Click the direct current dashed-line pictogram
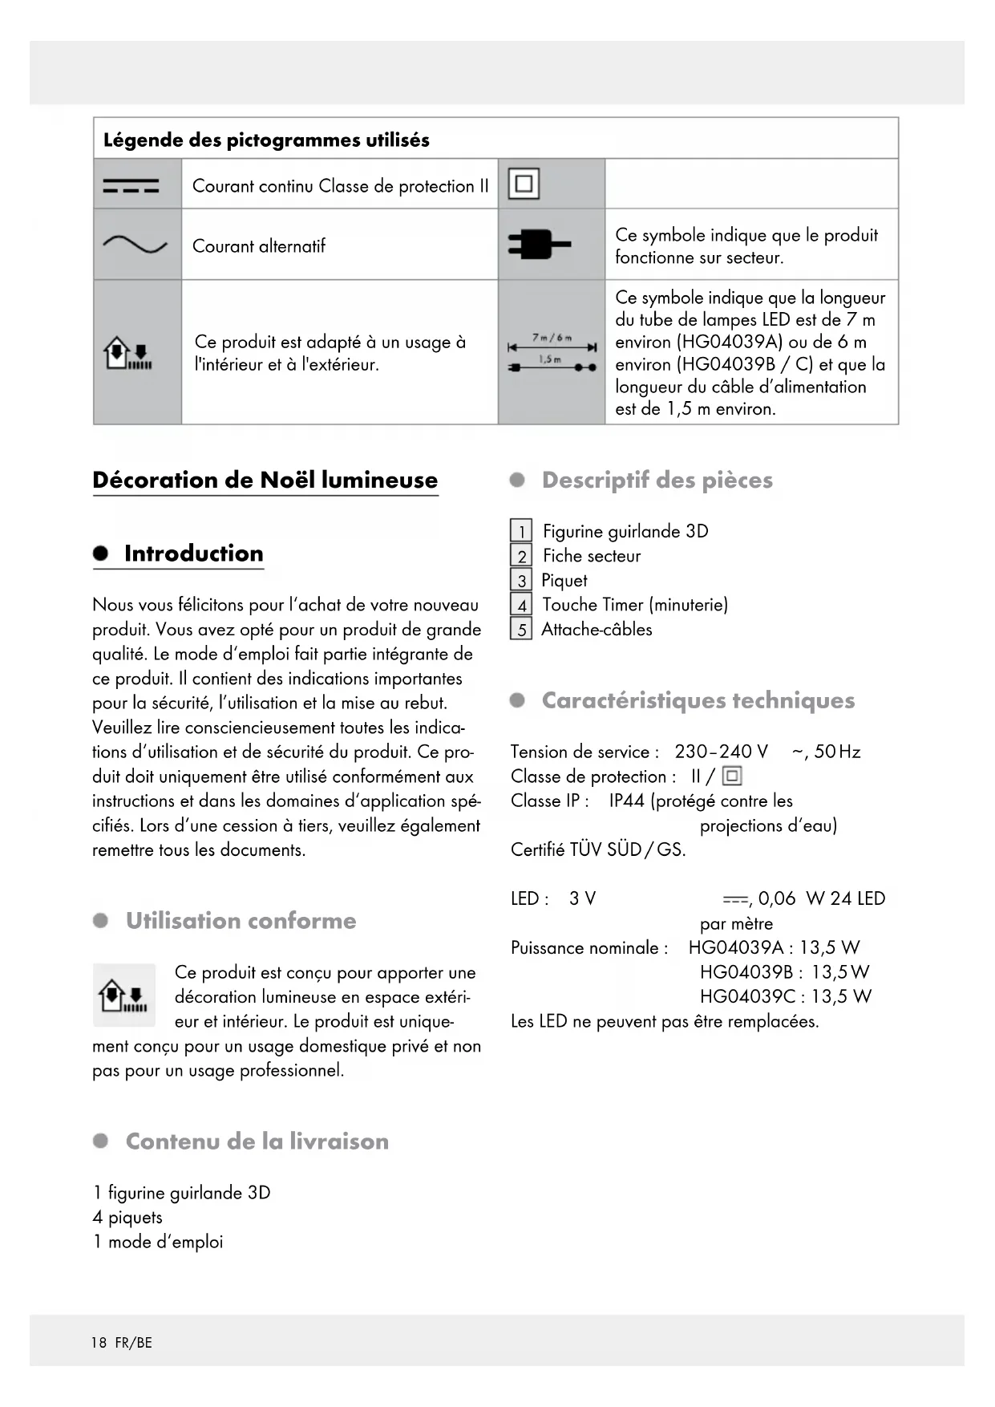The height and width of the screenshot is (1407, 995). point(131,186)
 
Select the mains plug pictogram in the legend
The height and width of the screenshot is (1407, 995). point(539,244)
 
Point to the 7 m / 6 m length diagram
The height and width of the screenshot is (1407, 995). point(552,352)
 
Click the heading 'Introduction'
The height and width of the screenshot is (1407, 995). point(193,553)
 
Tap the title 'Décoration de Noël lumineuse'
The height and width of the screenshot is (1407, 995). point(265,480)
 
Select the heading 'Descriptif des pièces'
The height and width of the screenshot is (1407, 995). point(657,480)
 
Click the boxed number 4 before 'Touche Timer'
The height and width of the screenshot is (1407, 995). point(521,606)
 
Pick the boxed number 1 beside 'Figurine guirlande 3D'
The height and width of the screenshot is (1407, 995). point(521,532)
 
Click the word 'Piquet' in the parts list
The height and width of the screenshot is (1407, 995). point(564,581)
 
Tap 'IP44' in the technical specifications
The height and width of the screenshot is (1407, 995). point(627,801)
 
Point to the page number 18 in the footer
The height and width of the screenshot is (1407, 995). point(99,1343)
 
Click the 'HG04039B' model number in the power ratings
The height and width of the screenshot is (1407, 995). point(746,972)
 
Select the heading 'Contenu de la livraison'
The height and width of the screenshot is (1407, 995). point(257,1141)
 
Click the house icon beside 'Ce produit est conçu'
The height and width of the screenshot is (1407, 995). point(123,996)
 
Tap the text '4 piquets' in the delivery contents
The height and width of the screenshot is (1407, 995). point(127,1218)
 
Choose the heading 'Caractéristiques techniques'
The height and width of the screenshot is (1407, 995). point(698,700)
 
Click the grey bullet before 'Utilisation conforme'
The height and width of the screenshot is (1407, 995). point(101,921)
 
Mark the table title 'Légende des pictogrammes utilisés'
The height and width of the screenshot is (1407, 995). point(266,140)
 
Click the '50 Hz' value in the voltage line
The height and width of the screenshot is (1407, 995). point(837,752)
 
